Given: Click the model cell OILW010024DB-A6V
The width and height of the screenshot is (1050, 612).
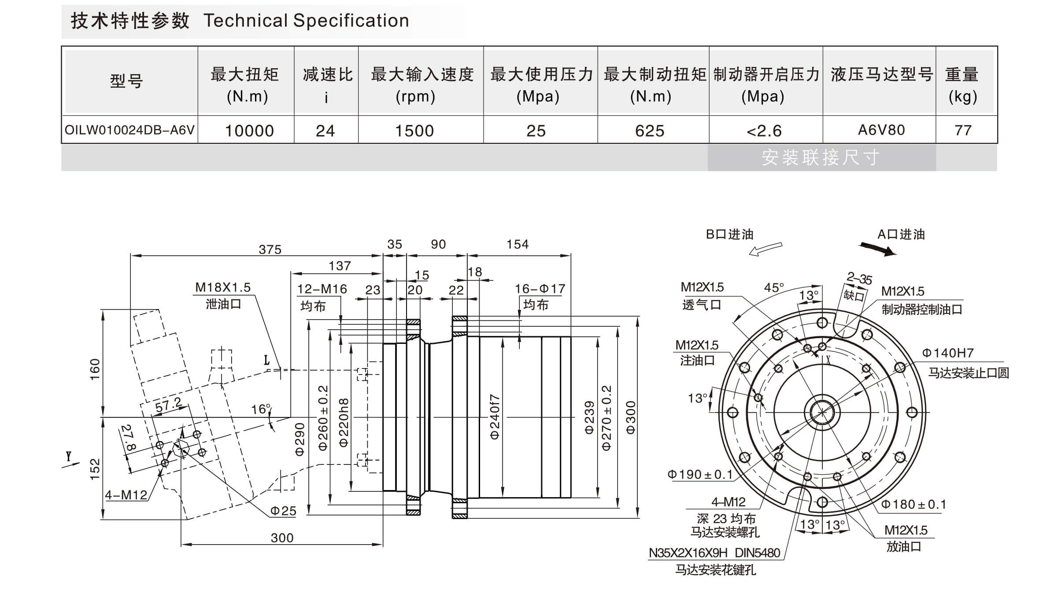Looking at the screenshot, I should [x=129, y=130].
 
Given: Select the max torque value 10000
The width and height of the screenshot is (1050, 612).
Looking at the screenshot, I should [x=249, y=131].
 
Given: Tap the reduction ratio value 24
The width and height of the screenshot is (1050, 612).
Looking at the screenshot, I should [x=325, y=131].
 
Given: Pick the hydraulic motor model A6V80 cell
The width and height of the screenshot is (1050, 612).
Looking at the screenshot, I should [x=881, y=130].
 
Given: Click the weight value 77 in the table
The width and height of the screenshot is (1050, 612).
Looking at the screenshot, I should [x=963, y=130].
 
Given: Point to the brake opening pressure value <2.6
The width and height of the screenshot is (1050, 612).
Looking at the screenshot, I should [x=764, y=131].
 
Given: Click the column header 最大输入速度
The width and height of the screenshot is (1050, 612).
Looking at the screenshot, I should [x=421, y=75].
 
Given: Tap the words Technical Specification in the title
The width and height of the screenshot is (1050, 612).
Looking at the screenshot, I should [x=306, y=21].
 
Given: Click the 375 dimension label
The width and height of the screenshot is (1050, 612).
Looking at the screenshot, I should [x=270, y=250].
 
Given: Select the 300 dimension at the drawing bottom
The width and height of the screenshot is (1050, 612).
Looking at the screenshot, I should [x=282, y=538].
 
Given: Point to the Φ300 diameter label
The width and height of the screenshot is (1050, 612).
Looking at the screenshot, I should [x=631, y=417].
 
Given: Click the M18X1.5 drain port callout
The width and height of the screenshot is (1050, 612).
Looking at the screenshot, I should [x=223, y=288].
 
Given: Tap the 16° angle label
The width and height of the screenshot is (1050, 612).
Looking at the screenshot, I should [x=261, y=409].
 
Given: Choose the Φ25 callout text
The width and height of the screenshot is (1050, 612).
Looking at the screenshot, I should [x=283, y=511].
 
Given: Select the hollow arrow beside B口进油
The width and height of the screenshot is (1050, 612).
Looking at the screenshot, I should [x=765, y=249].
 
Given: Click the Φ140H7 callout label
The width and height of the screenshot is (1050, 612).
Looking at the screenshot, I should [x=948, y=353].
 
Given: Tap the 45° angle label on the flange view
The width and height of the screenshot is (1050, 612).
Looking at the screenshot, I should [x=774, y=288].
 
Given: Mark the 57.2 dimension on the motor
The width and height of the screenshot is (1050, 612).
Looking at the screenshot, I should [x=168, y=405].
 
